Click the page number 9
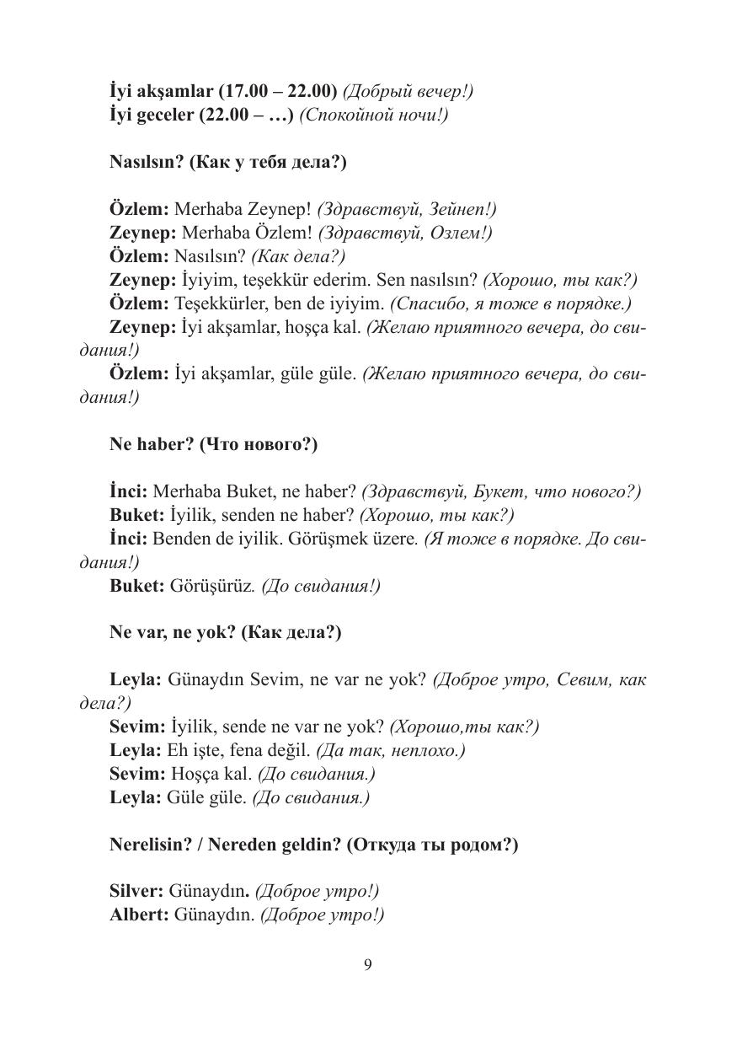pos(367,965)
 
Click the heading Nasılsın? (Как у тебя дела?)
pos(227,163)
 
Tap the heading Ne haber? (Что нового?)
pos(213,444)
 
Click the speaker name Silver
pos(136,891)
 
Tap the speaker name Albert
pos(138,915)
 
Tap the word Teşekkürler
pos(217,303)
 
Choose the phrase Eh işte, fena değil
pos(240,749)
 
